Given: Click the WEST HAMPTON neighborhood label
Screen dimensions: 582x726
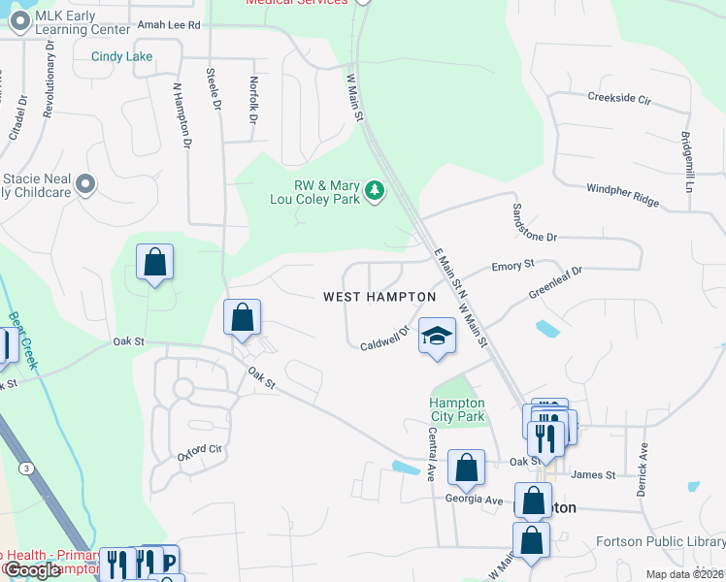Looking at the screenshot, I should [379, 297].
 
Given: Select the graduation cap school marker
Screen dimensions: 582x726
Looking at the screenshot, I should [437, 337].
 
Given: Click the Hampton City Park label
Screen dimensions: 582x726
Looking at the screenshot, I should [457, 409].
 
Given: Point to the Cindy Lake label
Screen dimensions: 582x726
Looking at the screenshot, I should [122, 56].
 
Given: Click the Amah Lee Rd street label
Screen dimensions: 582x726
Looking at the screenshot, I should [169, 24].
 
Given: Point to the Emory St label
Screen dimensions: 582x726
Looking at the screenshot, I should [513, 265].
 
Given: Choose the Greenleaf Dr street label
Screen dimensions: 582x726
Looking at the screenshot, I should [554, 282].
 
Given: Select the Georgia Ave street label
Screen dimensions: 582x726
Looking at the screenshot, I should [474, 499].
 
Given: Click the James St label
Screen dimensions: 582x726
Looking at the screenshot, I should [593, 474].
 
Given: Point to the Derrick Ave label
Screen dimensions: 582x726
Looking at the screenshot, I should [643, 470].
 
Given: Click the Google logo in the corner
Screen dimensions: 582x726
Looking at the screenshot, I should [32, 570].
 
